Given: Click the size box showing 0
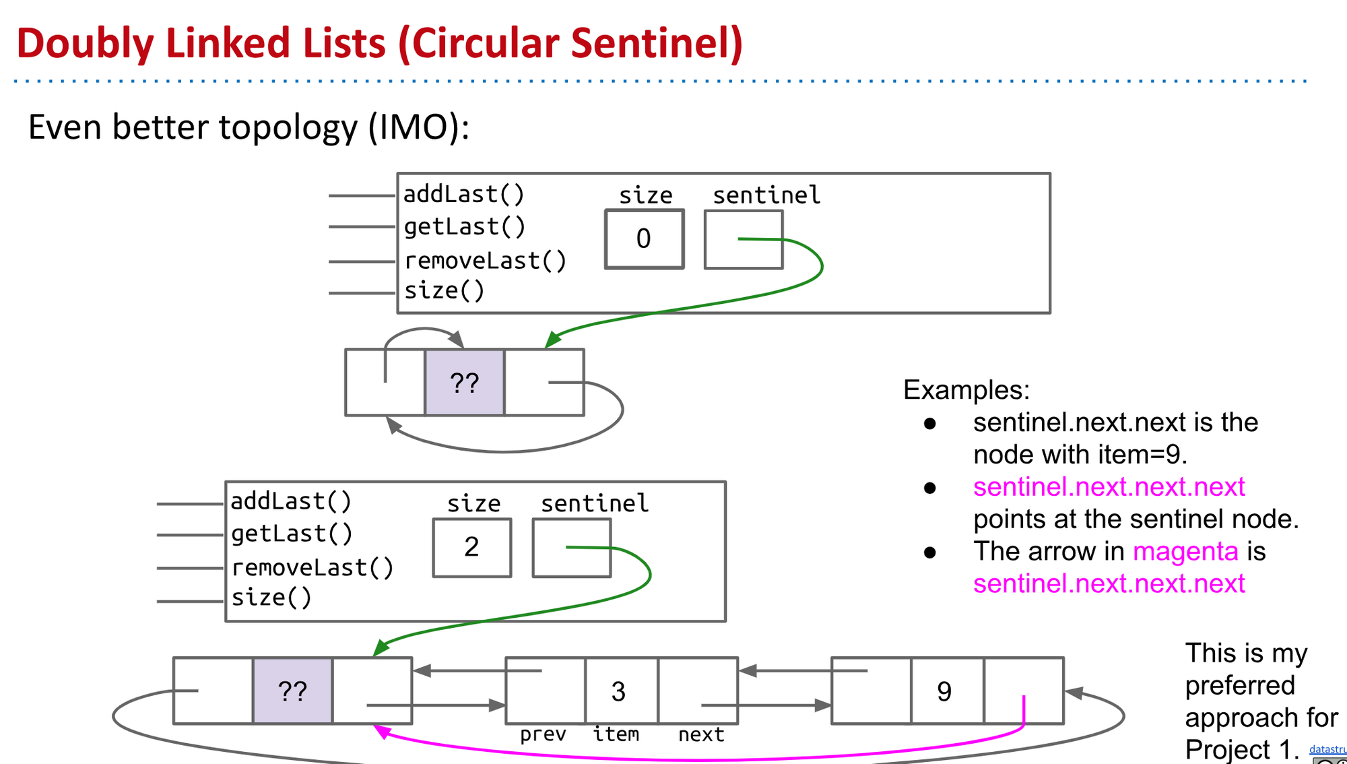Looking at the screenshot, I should click(644, 239).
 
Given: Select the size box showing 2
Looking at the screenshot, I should click(471, 547).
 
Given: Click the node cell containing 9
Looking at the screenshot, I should click(945, 691).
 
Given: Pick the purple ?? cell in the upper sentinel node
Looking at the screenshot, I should click(464, 383).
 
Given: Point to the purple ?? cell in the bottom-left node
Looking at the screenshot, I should click(292, 691).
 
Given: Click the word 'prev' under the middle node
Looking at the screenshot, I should click(543, 734).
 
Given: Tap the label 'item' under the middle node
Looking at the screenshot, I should click(616, 734).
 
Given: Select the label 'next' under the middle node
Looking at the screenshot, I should click(700, 734).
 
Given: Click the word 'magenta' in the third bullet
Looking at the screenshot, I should click(1185, 551).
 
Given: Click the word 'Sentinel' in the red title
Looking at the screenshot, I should click(657, 43).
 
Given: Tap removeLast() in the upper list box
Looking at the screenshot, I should click(485, 261).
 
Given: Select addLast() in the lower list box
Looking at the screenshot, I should click(291, 501).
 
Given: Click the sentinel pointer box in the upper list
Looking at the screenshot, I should click(744, 240).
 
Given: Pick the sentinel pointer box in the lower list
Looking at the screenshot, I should click(571, 548).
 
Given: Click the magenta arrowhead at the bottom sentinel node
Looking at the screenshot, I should click(382, 731).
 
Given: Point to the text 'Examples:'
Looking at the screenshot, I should click(966, 390).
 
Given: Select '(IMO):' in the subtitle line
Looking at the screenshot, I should click(418, 127).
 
